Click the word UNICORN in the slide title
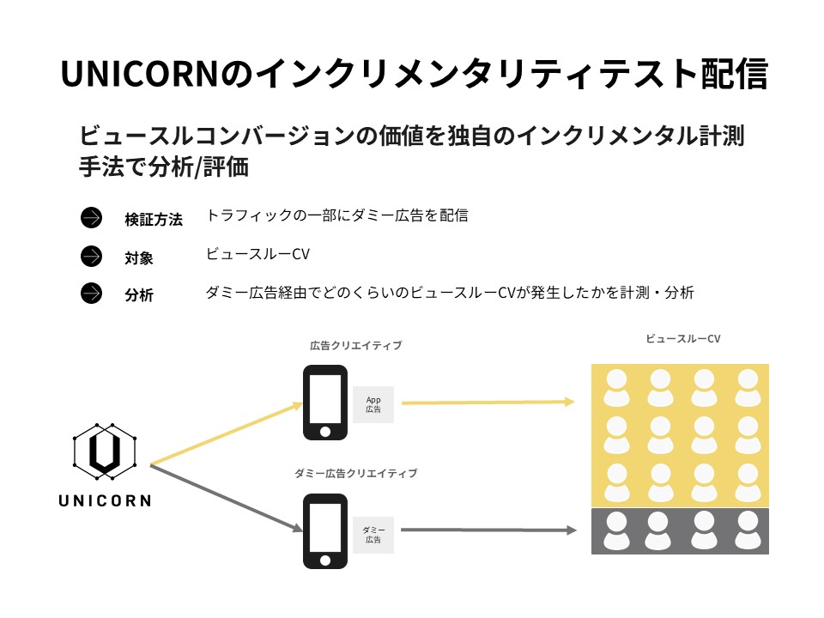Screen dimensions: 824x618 pyautogui.click(x=140, y=74)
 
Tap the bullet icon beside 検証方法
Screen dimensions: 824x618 pyautogui.click(x=92, y=217)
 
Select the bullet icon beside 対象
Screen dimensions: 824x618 pyautogui.click(x=92, y=257)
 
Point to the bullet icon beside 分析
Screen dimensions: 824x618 pyautogui.click(x=92, y=294)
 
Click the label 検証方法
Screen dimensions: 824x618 pyautogui.click(x=154, y=219)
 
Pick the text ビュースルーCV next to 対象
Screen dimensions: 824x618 pyautogui.click(x=257, y=254)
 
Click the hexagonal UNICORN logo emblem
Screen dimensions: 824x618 pyautogui.click(x=105, y=451)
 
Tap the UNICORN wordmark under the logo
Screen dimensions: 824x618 pyautogui.click(x=105, y=500)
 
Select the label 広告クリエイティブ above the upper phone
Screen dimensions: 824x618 pyautogui.click(x=355, y=345)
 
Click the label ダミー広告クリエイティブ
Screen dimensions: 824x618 pyautogui.click(x=355, y=473)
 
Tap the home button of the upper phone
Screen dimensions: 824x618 pyautogui.click(x=325, y=432)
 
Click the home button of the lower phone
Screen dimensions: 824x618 pyautogui.click(x=325, y=560)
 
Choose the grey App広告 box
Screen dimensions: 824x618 pyautogui.click(x=373, y=404)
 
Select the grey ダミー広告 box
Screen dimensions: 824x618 pyautogui.click(x=373, y=535)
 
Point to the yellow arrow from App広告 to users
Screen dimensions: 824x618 pyautogui.click(x=488, y=403)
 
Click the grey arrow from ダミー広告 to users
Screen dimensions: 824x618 pyautogui.click(x=488, y=530)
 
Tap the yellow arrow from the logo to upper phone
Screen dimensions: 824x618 pyautogui.click(x=227, y=434)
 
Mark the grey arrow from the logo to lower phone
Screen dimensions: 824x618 pyautogui.click(x=227, y=498)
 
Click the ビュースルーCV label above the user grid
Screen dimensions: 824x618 pyautogui.click(x=682, y=339)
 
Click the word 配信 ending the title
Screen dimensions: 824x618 pyautogui.click(x=734, y=74)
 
